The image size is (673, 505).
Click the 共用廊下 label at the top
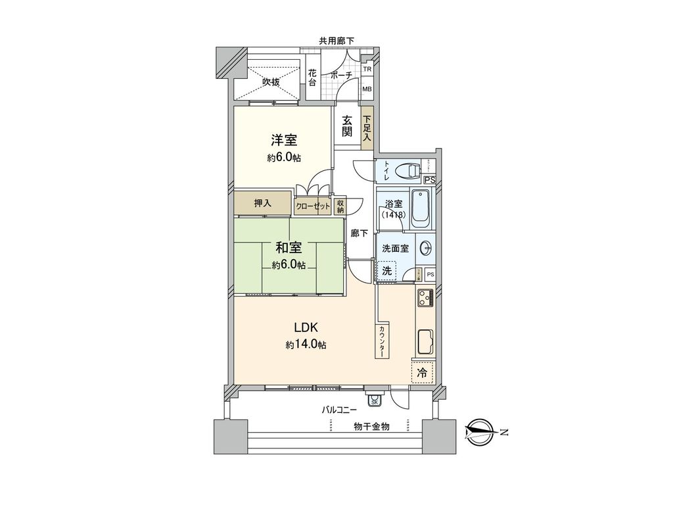click(x=336, y=41)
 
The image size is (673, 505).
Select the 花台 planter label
click(x=313, y=78)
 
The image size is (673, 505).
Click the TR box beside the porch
click(x=367, y=69)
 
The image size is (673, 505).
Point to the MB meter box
click(x=367, y=89)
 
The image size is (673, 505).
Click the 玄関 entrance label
click(x=346, y=126)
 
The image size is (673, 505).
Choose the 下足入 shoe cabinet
click(x=367, y=128)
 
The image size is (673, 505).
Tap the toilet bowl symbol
click(x=411, y=171)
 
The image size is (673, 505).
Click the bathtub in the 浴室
click(x=420, y=209)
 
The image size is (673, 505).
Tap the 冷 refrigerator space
click(x=423, y=372)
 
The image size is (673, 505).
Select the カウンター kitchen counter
click(x=381, y=341)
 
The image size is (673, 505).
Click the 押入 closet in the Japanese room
click(x=263, y=203)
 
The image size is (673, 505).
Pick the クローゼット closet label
click(x=313, y=206)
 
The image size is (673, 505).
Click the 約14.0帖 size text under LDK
click(x=306, y=345)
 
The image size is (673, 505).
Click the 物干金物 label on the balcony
click(x=371, y=426)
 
